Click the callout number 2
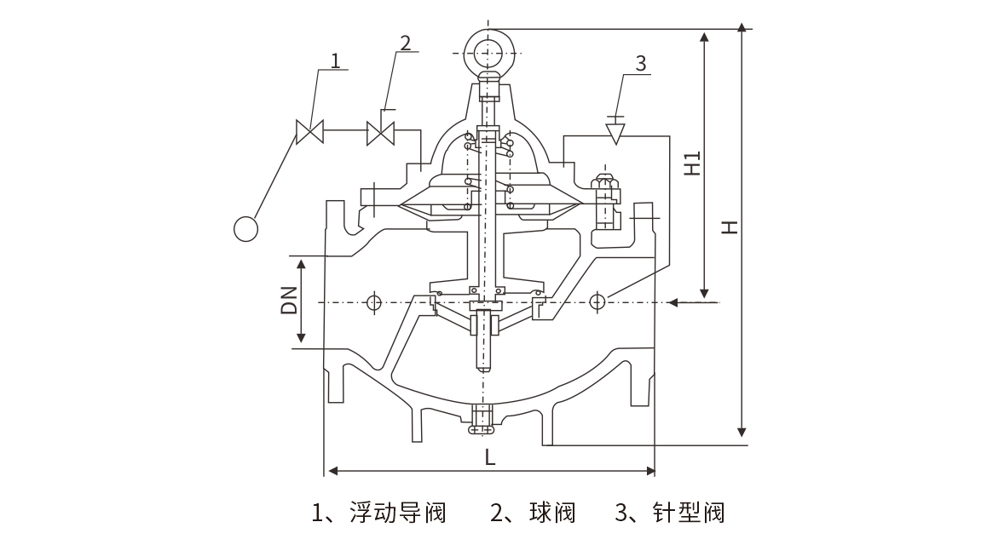404,43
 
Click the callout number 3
641,64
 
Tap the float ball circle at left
245,229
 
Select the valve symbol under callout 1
309,132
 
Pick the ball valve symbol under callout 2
380,132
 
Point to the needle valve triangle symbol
615,133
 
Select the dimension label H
727,227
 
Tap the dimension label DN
290,300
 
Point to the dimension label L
489,457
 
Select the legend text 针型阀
688,513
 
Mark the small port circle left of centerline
372,302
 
